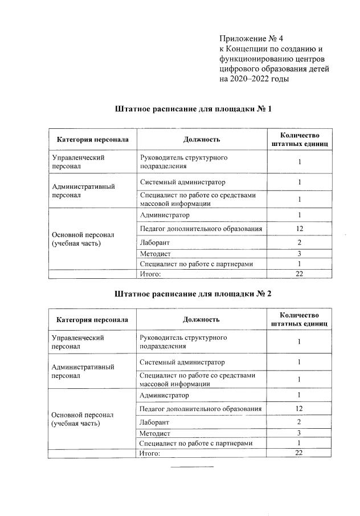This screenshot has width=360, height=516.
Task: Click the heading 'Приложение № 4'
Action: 251,39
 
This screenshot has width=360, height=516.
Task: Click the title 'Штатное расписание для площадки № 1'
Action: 193,108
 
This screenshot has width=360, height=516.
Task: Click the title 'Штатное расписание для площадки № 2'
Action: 193,294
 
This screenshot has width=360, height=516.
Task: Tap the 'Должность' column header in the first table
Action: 201,139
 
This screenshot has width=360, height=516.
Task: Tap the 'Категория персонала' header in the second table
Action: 92,320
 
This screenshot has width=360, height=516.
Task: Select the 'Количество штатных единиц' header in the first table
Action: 299,139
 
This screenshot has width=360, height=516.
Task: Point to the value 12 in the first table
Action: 299,229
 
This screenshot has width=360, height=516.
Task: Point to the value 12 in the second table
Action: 299,409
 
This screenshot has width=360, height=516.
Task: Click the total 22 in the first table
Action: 299,274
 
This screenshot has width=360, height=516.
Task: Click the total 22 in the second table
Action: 299,453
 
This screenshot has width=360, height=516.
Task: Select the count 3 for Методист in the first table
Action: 299,254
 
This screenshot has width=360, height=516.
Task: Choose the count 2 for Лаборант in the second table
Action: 299,422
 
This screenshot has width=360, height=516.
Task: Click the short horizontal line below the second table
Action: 192,466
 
